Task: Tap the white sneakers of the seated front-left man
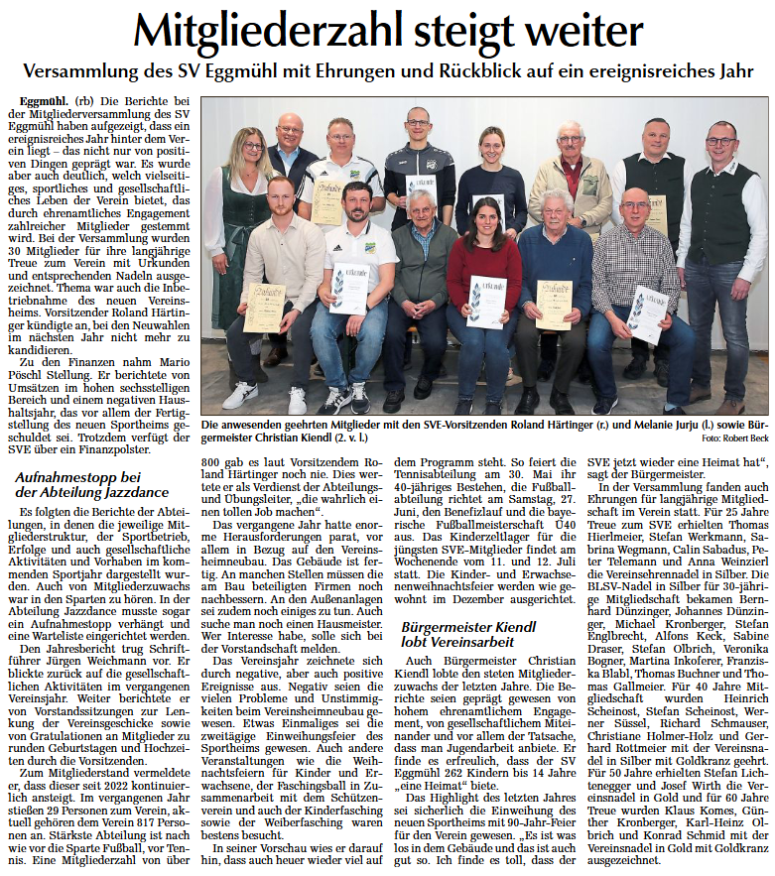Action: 268,397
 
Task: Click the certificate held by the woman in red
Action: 486,301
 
